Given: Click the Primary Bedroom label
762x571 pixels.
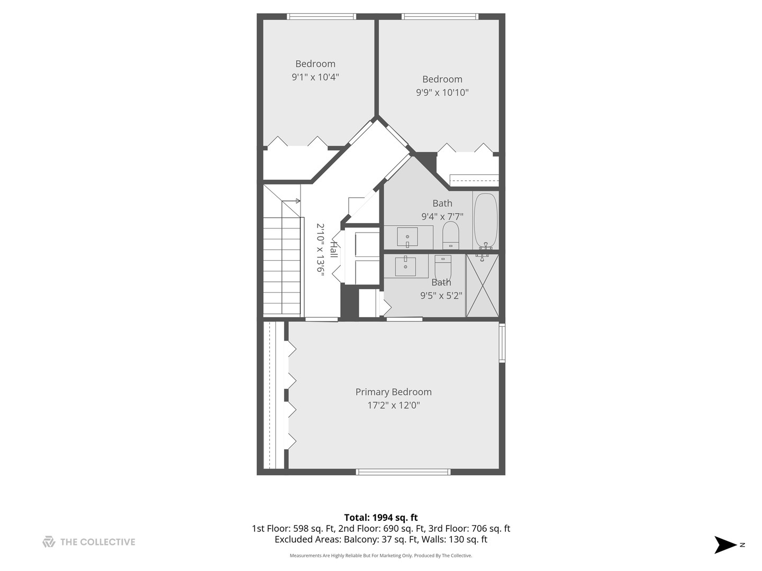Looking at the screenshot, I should [393, 392].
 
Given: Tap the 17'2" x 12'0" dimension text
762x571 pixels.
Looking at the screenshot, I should [393, 406].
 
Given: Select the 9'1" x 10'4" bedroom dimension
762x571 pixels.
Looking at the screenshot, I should [315, 77].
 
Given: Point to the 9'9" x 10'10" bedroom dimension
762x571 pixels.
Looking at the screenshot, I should [442, 93].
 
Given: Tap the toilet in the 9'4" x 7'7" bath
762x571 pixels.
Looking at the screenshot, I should [451, 235].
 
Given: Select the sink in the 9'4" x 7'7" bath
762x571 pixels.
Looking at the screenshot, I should [407, 237].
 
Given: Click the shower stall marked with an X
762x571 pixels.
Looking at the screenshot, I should [482, 285].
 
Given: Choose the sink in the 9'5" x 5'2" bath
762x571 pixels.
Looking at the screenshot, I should [406, 265].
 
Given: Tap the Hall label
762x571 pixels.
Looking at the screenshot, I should [333, 249].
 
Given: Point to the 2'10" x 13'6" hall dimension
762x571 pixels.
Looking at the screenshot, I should [320, 248].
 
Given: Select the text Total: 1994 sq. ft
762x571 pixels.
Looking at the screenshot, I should [381, 518].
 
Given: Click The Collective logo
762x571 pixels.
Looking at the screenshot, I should [89, 542].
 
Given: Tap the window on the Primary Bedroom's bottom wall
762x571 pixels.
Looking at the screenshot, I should [403, 472].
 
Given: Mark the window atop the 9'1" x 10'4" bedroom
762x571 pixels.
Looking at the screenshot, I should [321, 16].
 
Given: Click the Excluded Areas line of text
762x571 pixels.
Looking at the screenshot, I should [381, 540].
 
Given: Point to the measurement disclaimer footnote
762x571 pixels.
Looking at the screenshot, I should [381, 556].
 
